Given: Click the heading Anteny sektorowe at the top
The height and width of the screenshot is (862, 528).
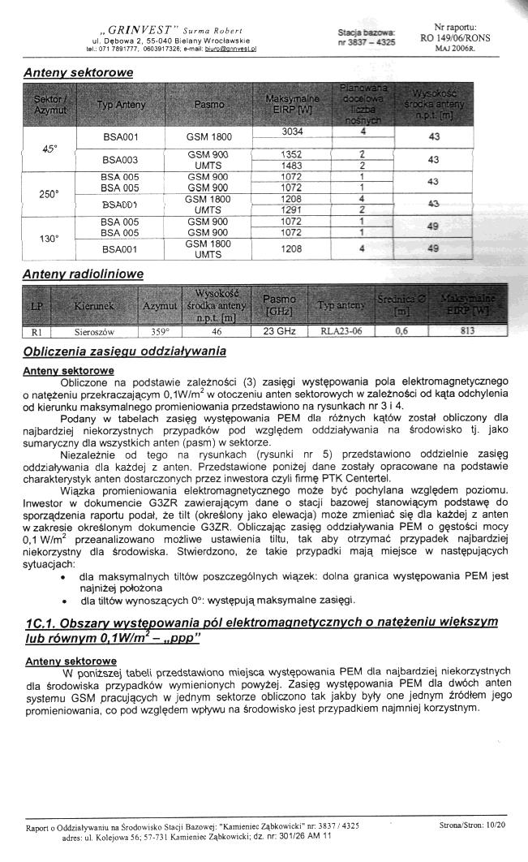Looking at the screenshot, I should tap(78, 72).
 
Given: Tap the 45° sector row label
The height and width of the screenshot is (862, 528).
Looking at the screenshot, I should tap(50, 149).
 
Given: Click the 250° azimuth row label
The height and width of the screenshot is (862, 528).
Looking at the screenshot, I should tap(50, 194).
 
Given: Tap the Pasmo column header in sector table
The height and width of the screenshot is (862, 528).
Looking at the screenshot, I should tap(209, 105).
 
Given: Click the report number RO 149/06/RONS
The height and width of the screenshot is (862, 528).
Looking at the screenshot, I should tap(455, 37).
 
